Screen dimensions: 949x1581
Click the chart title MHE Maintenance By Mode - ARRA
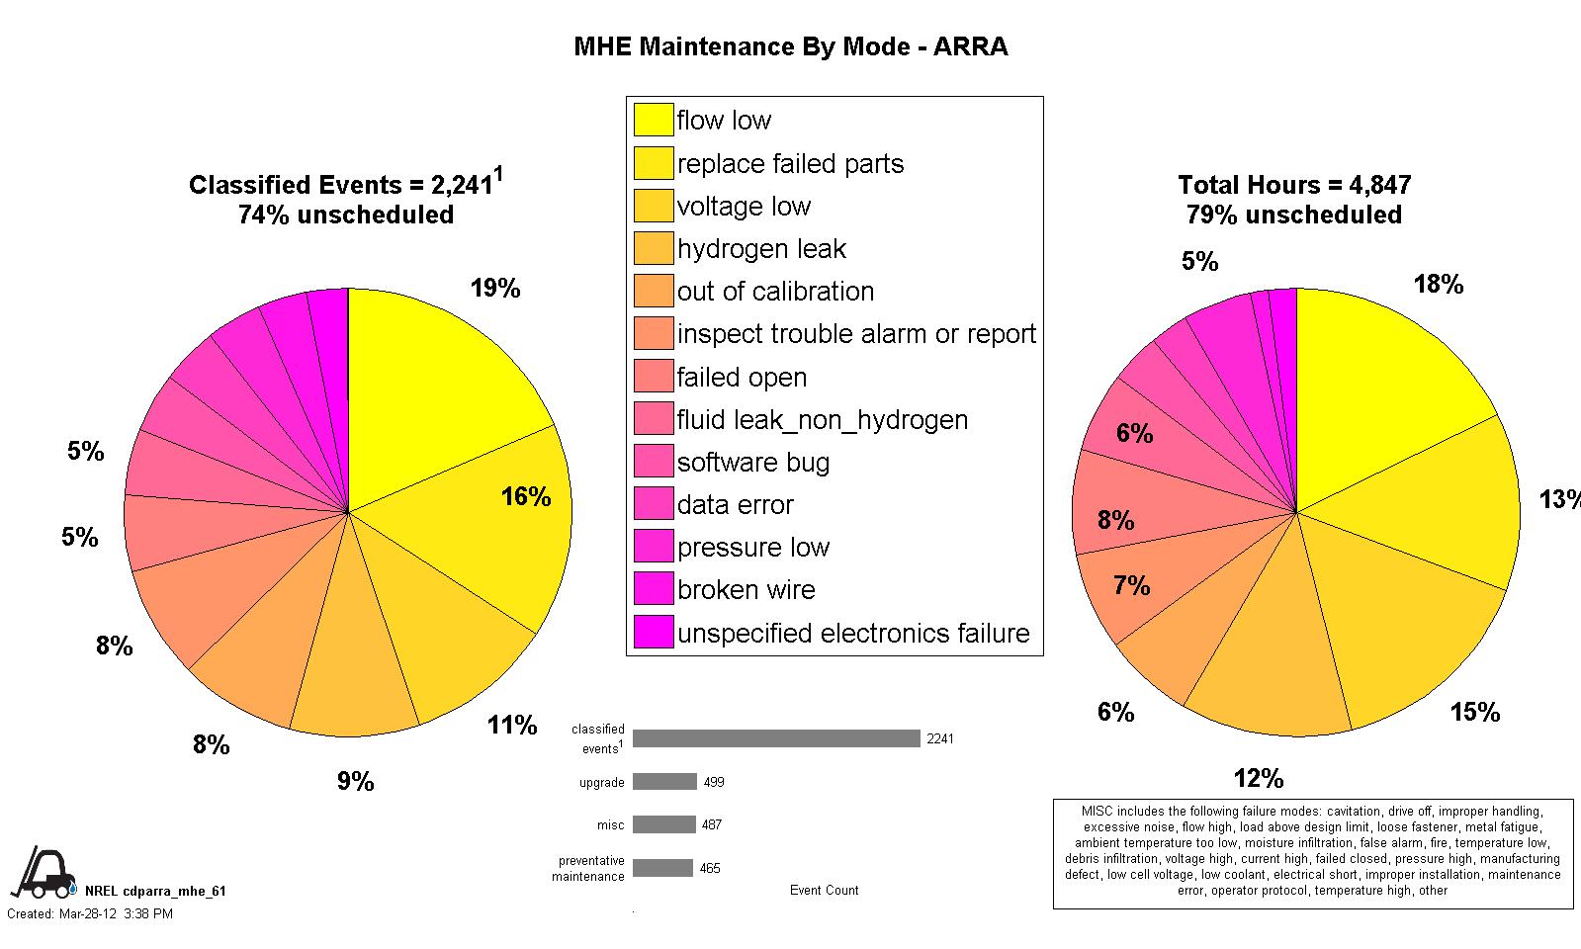(x=790, y=46)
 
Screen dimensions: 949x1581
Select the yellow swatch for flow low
(x=653, y=120)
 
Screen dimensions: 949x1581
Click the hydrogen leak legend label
(x=761, y=248)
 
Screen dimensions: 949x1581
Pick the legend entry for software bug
(x=753, y=462)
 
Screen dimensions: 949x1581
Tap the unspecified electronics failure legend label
(x=853, y=633)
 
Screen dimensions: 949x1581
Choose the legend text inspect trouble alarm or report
(x=856, y=334)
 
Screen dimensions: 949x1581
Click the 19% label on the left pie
(x=495, y=288)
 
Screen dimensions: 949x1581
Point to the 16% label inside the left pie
(x=525, y=496)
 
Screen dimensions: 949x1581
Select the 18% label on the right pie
(x=1438, y=285)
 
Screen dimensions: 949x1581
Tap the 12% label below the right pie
(x=1258, y=779)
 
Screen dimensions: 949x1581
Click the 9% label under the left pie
(x=355, y=782)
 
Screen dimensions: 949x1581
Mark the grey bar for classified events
(x=776, y=738)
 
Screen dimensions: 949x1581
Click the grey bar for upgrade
(x=664, y=782)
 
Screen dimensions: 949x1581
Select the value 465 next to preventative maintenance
(x=710, y=868)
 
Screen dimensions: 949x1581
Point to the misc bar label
(x=610, y=824)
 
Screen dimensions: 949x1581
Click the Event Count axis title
(x=824, y=890)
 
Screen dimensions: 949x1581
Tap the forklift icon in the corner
(x=43, y=871)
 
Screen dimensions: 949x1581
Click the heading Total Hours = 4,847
(x=1293, y=185)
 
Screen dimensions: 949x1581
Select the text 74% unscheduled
(x=346, y=215)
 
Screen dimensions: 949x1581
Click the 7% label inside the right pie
(x=1131, y=586)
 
